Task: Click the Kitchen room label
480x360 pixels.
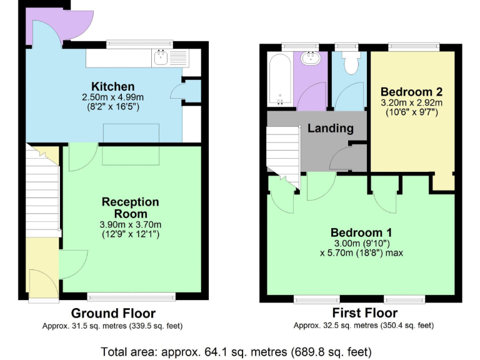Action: (112, 86)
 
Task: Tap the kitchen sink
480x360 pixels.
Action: (162, 58)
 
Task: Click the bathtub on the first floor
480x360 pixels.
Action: (279, 80)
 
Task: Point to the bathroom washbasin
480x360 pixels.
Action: (311, 59)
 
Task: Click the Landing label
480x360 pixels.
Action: (330, 129)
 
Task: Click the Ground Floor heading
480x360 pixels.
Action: (113, 313)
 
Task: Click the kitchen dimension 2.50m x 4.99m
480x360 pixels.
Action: (112, 97)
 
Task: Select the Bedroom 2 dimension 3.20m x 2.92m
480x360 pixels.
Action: (411, 102)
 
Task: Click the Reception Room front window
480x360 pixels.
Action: (131, 296)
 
